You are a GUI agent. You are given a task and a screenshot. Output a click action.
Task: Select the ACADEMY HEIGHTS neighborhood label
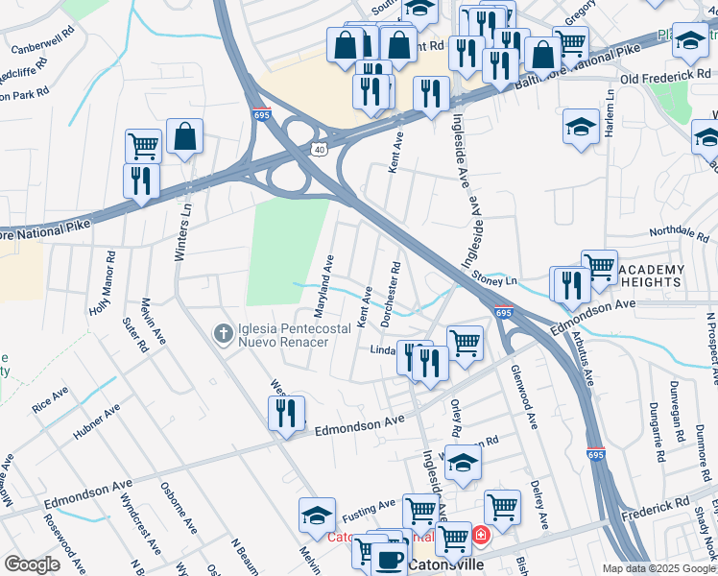(653, 275)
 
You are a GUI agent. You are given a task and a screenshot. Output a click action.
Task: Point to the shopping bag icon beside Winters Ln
(184, 138)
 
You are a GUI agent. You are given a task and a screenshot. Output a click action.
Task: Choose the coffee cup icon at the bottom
(389, 559)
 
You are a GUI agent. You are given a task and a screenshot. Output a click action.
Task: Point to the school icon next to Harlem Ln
(581, 128)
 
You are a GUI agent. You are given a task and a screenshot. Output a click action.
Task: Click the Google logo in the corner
(32, 564)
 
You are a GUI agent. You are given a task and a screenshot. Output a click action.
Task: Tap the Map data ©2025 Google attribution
(658, 568)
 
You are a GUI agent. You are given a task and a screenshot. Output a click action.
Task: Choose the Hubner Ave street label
(97, 421)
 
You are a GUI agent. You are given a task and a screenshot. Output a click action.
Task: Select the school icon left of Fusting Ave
(317, 516)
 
